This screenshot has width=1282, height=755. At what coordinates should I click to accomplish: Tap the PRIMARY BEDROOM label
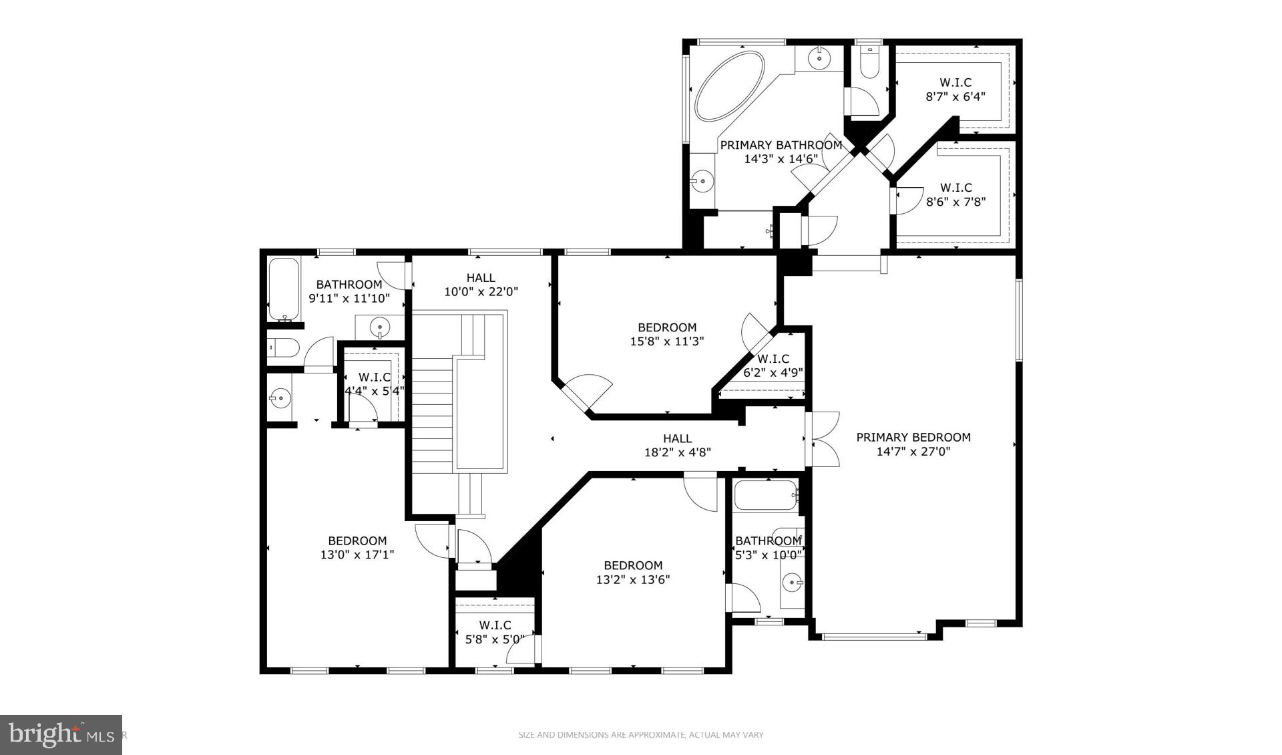tap(913, 437)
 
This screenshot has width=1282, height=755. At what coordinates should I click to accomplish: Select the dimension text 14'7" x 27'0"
tap(913, 452)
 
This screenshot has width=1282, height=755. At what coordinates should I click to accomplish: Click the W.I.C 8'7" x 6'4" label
tap(955, 90)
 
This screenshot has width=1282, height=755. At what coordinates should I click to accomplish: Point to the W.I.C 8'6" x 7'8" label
tap(955, 194)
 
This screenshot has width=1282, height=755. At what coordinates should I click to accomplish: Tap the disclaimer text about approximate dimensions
tap(640, 735)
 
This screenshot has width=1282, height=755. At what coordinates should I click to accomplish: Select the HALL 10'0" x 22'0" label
tap(481, 285)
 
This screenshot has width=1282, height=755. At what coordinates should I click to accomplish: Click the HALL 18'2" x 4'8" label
tap(677, 445)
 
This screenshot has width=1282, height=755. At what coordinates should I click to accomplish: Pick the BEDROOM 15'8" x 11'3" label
tap(667, 334)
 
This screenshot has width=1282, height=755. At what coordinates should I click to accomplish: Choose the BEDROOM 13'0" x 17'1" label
tap(357, 547)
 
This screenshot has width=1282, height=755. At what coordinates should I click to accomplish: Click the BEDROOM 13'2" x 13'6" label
tap(633, 573)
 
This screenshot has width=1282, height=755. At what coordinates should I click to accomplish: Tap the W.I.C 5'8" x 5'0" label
tap(495, 632)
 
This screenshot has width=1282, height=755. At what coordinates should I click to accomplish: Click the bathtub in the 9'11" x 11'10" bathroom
tap(284, 289)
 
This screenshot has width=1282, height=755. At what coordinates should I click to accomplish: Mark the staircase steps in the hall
tap(432, 414)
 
